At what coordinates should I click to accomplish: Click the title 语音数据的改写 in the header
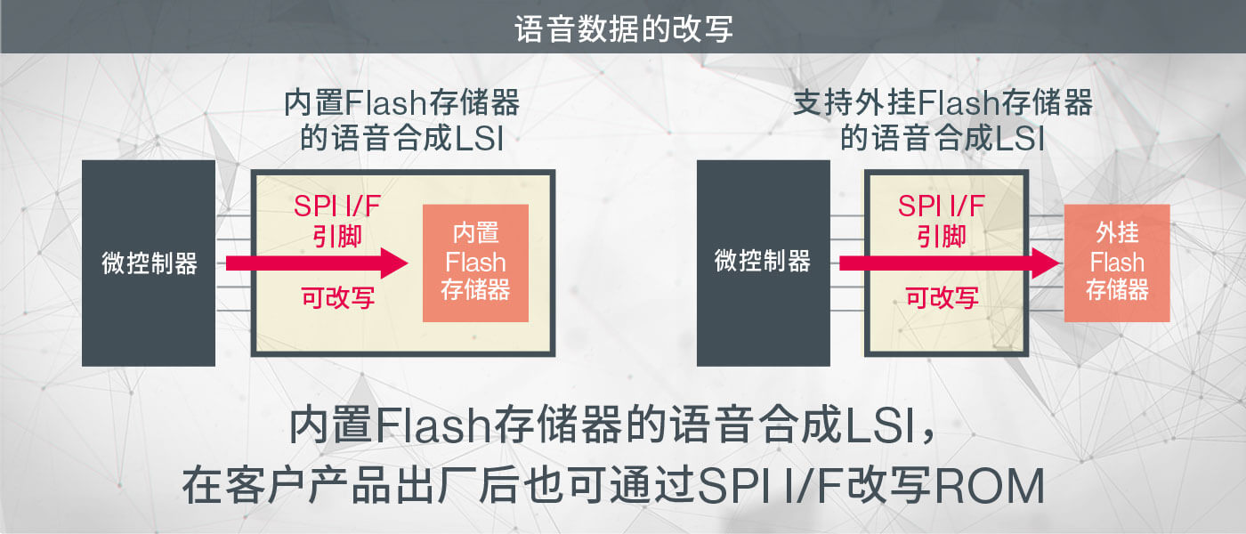(623, 28)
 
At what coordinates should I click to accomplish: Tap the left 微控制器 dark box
(149, 263)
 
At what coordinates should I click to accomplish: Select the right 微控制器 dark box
(763, 262)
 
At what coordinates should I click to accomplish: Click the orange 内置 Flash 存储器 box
(475, 263)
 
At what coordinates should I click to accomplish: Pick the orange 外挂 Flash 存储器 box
(1116, 263)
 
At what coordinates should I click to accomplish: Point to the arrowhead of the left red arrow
(392, 263)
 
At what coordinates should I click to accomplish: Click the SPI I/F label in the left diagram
(337, 206)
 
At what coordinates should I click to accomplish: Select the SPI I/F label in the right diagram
(942, 206)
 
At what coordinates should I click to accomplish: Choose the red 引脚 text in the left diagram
(337, 237)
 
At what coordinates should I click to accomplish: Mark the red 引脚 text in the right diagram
(942, 236)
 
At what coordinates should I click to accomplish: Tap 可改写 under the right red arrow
(942, 298)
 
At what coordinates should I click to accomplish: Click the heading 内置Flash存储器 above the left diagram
(401, 104)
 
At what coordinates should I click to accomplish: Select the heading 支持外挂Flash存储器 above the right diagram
(943, 104)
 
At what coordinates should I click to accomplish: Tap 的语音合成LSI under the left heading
(401, 139)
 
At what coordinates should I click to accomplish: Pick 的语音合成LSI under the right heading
(943, 139)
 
